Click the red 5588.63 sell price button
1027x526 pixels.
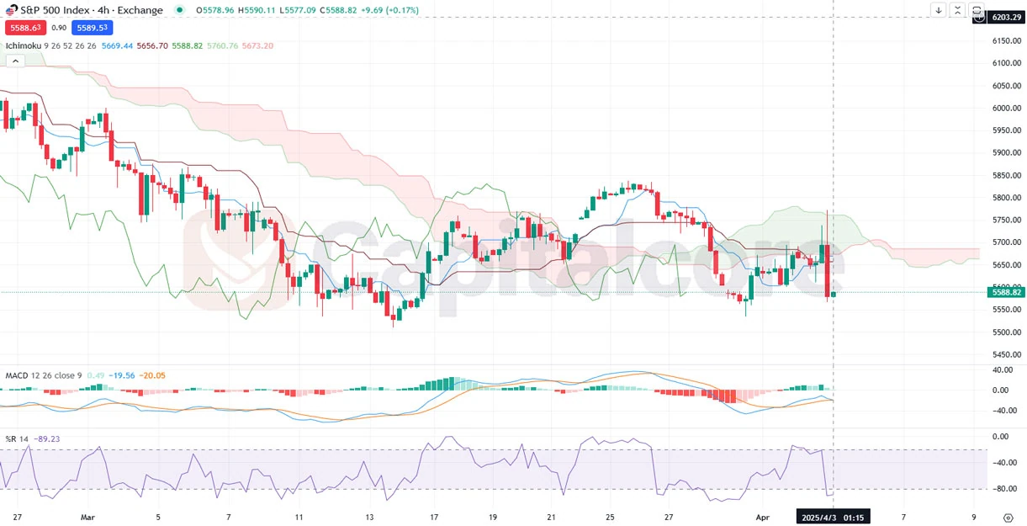coord(24,28)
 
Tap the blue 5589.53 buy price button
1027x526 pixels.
coord(92,28)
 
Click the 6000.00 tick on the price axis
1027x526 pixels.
coord(1005,108)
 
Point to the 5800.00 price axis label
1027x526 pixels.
coord(1005,198)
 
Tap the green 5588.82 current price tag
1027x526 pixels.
coord(1006,292)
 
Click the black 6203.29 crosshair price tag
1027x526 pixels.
coord(1005,17)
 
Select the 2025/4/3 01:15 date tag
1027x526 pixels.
coord(833,517)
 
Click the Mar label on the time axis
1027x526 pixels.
coord(87,516)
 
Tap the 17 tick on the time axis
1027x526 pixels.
coord(434,516)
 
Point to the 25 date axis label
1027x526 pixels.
coord(610,516)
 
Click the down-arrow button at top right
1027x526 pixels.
coord(939,10)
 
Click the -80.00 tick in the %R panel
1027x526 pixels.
coord(1001,489)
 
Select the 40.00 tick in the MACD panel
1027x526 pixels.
coord(1001,369)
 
